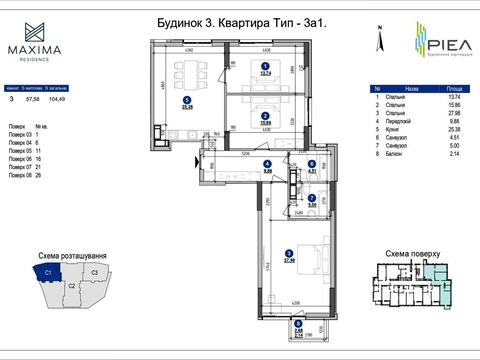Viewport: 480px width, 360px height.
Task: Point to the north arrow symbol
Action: (377, 39)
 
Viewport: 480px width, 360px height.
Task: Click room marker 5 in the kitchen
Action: (187, 98)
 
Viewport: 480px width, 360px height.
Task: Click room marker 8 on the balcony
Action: (297, 329)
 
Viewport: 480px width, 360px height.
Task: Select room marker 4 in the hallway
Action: (267, 164)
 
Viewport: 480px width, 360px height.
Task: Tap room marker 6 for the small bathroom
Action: (311, 164)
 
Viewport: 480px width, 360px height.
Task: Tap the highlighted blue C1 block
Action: (46, 272)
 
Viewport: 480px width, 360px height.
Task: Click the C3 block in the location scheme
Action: (93, 271)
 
